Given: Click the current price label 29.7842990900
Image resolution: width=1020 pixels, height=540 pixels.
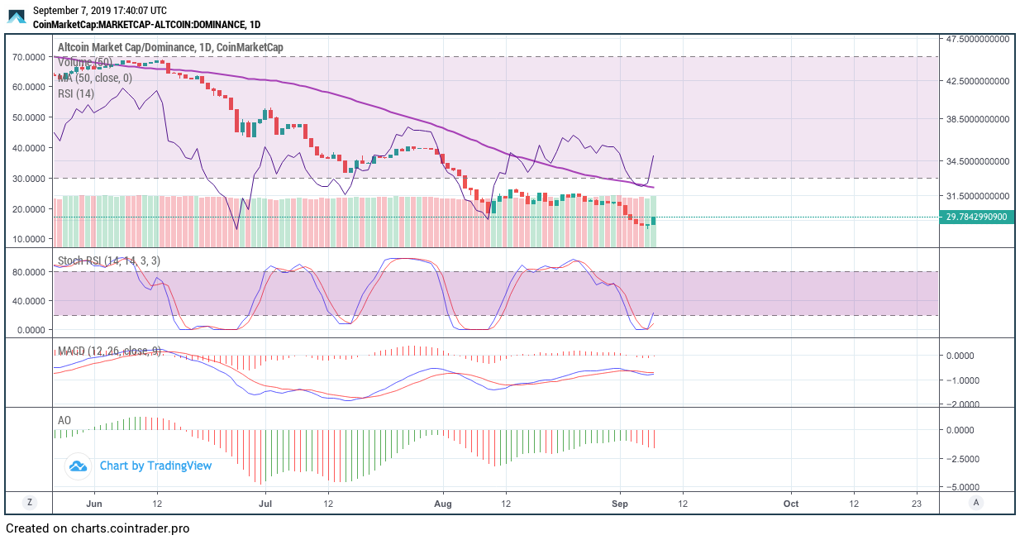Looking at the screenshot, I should [976, 217].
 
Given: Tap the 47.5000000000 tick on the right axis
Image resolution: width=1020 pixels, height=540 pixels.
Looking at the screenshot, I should [976, 39].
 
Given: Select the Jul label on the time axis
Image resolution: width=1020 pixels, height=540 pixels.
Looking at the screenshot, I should [265, 503].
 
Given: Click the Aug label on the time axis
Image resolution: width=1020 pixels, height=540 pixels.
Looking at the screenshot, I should [443, 503].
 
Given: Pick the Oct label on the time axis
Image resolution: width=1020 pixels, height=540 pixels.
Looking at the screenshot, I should [791, 503].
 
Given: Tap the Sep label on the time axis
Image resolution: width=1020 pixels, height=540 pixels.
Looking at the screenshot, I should [621, 503].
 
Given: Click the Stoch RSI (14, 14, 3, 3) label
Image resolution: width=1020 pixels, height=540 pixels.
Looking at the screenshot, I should [109, 261].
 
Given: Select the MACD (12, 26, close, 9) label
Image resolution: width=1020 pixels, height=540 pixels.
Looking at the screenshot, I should [109, 351].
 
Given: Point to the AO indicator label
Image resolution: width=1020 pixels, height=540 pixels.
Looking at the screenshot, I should [64, 420].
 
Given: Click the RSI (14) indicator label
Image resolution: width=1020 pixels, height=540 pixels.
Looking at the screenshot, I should [76, 93].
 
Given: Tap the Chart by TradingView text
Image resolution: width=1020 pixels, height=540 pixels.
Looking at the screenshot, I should [155, 466].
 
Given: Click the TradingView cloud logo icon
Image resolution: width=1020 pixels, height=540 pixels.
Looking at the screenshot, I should [79, 466].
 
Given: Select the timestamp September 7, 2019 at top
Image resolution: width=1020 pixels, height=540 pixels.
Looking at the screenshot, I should [99, 11].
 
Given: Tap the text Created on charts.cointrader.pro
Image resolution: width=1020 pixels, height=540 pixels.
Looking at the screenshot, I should [98, 528].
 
